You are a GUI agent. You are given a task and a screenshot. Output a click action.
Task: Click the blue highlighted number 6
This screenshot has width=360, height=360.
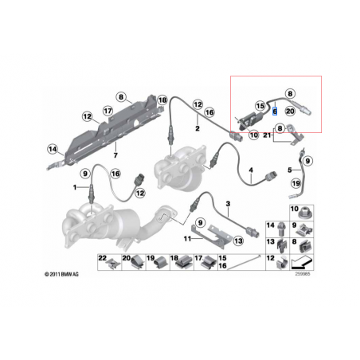point(274,112)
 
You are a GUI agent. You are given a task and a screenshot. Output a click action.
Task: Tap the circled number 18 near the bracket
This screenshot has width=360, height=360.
point(162,100)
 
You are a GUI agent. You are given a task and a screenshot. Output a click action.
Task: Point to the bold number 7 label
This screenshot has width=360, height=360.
point(116,148)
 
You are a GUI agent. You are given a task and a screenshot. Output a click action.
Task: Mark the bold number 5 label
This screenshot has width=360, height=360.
point(289,170)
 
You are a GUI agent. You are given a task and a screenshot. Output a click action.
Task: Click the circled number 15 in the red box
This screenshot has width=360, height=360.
point(259,105)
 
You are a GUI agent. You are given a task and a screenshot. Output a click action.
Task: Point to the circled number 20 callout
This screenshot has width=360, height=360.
point(289,112)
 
